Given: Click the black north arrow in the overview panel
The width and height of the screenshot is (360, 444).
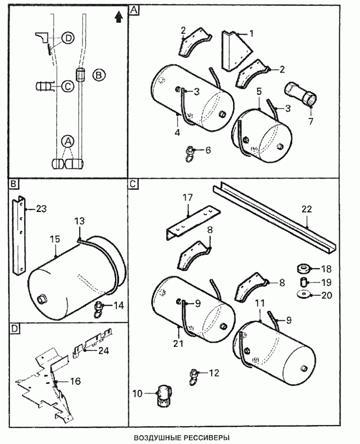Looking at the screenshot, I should coord(118,16).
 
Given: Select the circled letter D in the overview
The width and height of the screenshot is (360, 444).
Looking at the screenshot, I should coord(68,38).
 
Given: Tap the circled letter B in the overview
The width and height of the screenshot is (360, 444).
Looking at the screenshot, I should coord(99,74).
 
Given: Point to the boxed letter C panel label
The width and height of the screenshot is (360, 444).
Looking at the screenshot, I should coord(133,184).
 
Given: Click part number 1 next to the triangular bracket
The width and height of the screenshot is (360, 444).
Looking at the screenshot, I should coord(251,34).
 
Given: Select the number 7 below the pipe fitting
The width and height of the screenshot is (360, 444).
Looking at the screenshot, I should coord(310,122).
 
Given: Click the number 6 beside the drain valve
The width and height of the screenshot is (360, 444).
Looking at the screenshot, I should coord(208,150).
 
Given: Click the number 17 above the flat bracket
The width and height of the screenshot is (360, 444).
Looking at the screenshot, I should coord(188,199).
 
